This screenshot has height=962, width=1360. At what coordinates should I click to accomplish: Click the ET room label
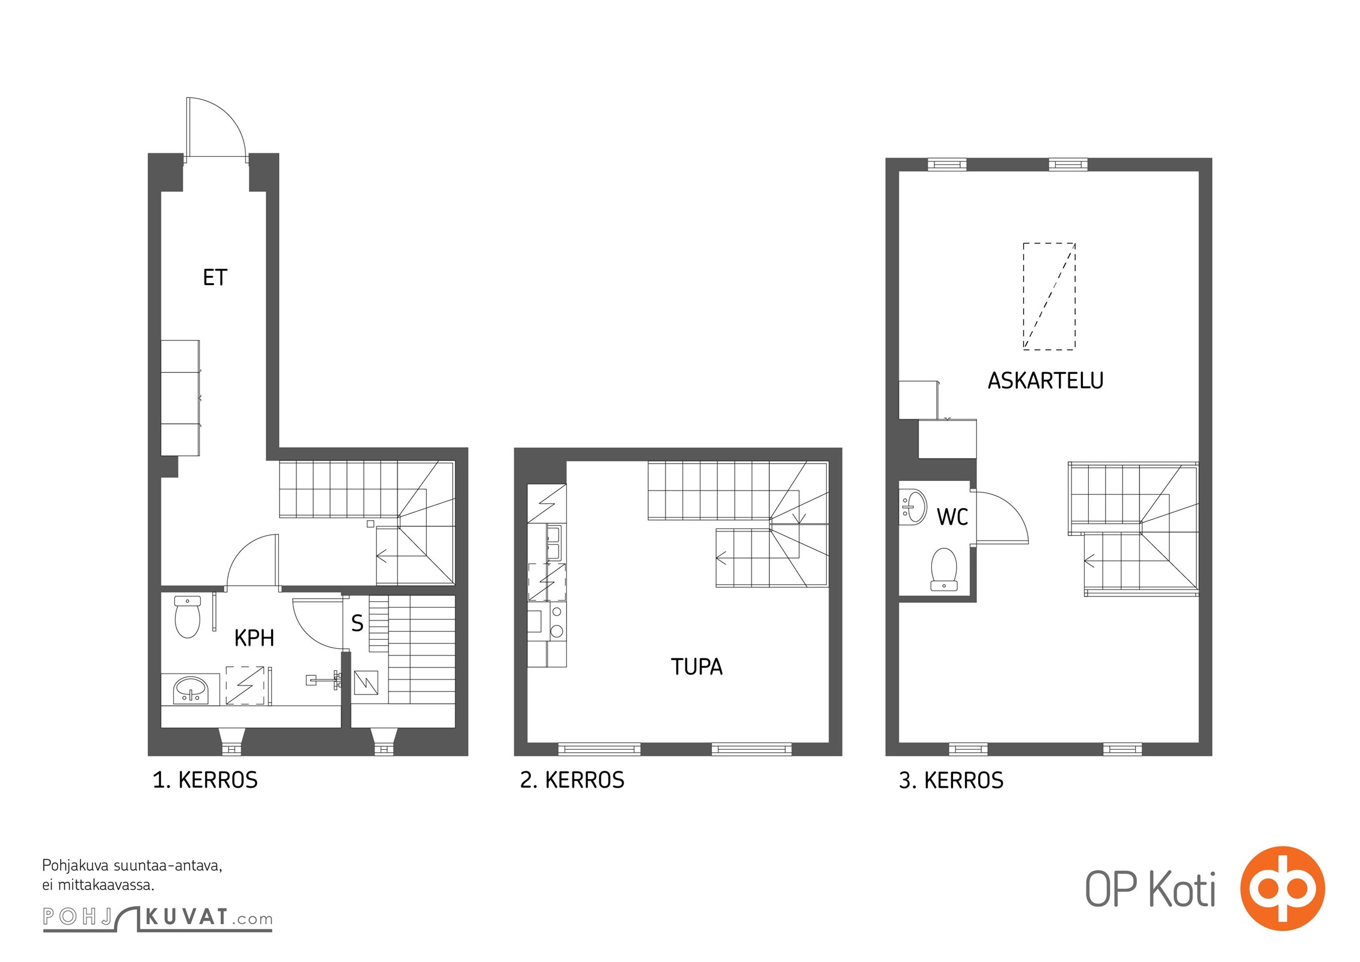(x=215, y=277)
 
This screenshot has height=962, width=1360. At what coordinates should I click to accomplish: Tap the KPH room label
(x=254, y=638)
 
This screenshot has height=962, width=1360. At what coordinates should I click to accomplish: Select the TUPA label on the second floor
(x=697, y=667)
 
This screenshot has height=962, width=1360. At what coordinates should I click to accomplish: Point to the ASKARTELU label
(x=1046, y=381)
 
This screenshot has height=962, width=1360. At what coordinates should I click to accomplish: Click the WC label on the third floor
(x=952, y=517)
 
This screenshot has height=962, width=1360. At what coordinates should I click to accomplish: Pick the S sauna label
(x=357, y=623)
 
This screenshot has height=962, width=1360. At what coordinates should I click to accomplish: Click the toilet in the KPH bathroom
(x=188, y=616)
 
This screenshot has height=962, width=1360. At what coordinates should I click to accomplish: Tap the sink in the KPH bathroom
(x=191, y=690)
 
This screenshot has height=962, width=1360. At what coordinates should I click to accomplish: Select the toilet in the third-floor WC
(x=944, y=569)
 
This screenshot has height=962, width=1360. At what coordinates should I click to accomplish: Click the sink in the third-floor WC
(x=913, y=507)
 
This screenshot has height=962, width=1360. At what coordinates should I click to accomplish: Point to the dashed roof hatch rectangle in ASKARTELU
(x=1049, y=296)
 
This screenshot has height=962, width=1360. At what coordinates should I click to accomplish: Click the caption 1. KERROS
(x=205, y=780)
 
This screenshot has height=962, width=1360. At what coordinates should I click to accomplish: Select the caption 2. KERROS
(x=572, y=780)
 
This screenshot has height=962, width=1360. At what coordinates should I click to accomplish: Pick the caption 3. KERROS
(x=951, y=780)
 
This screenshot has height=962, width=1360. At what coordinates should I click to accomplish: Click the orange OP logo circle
(x=1282, y=888)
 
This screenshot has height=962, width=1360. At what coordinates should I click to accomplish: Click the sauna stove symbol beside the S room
(x=366, y=682)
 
